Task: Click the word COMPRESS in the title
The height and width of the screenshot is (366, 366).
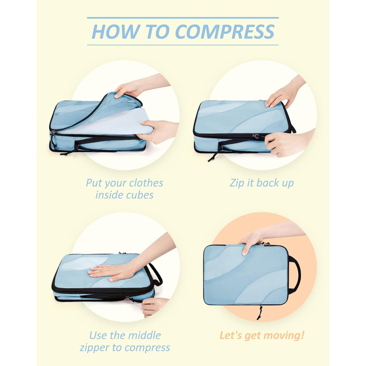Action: click(x=225, y=31)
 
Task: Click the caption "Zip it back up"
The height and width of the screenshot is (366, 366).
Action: click(x=261, y=183)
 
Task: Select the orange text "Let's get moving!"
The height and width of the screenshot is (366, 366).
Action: click(x=262, y=336)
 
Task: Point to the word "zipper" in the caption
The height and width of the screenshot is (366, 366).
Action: click(x=95, y=348)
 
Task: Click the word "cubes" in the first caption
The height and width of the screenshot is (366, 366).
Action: click(x=141, y=195)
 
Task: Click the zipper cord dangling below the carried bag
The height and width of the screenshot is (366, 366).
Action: click(x=259, y=313)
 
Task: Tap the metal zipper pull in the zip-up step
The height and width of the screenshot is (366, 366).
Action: click(x=256, y=136)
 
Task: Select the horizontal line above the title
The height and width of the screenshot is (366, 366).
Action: click(x=183, y=18)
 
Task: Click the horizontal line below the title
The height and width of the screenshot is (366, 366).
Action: click(x=183, y=45)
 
